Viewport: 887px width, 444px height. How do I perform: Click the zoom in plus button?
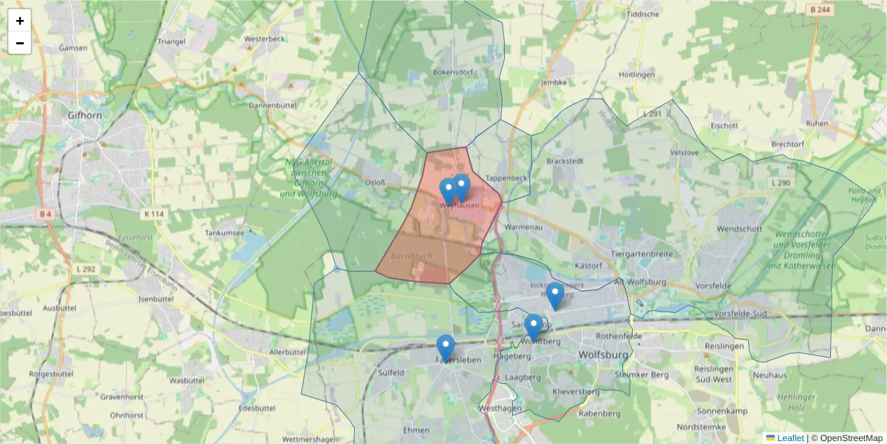(20, 21)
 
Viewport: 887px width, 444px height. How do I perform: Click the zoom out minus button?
(20, 43)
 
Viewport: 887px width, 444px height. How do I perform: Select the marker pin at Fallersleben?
(445, 348)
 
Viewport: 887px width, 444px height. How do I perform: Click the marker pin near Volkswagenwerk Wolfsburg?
(555, 295)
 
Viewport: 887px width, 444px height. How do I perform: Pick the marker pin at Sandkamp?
(533, 327)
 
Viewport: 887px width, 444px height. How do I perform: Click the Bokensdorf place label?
(452, 73)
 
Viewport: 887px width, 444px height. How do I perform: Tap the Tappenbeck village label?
(506, 178)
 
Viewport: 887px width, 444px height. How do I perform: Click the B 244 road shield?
(820, 10)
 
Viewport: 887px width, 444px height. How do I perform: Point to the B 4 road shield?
(46, 214)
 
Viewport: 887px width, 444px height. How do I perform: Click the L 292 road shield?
(85, 269)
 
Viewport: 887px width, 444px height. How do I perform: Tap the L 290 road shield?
(780, 183)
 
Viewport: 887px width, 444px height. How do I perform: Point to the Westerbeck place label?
(264, 38)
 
